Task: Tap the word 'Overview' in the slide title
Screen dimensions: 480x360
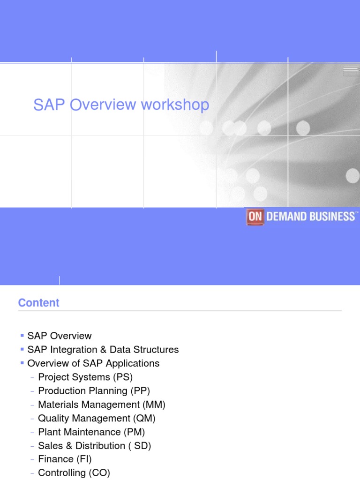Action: click(x=97, y=105)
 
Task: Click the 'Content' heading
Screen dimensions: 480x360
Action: click(x=39, y=303)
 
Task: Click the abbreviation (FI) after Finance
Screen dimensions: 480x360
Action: click(x=85, y=459)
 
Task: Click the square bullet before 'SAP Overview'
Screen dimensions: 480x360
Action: click(x=22, y=336)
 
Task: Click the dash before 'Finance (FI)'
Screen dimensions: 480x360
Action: click(x=32, y=459)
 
